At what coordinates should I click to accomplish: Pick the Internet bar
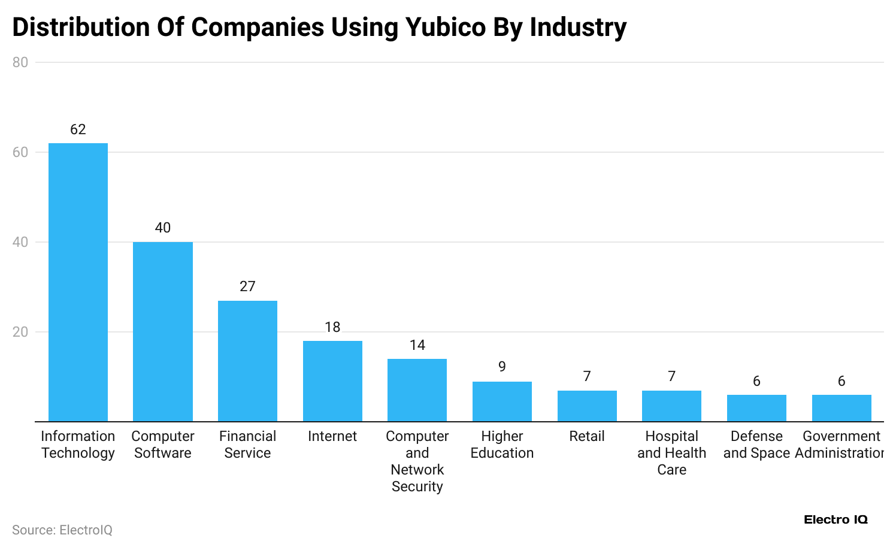pos(332,381)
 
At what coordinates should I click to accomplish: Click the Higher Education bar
pos(502,401)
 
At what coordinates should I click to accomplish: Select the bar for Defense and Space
pos(756,408)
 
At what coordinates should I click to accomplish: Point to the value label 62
pos(78,129)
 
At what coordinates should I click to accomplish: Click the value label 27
pos(247,286)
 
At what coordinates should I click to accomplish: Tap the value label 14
pos(417,345)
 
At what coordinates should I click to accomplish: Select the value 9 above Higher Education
pos(502,367)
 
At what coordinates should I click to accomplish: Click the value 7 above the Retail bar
pos(587,376)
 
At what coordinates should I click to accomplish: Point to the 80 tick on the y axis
pos(20,62)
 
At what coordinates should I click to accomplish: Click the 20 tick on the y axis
pos(20,332)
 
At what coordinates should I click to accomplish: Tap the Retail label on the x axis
pos(587,436)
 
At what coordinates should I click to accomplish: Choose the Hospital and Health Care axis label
pos(671,453)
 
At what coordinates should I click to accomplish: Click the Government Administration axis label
pos(840,445)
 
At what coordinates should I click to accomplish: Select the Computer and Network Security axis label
pos(417,461)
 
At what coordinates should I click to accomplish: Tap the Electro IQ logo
pos(836,519)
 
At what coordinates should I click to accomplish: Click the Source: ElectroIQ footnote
pos(62,530)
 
